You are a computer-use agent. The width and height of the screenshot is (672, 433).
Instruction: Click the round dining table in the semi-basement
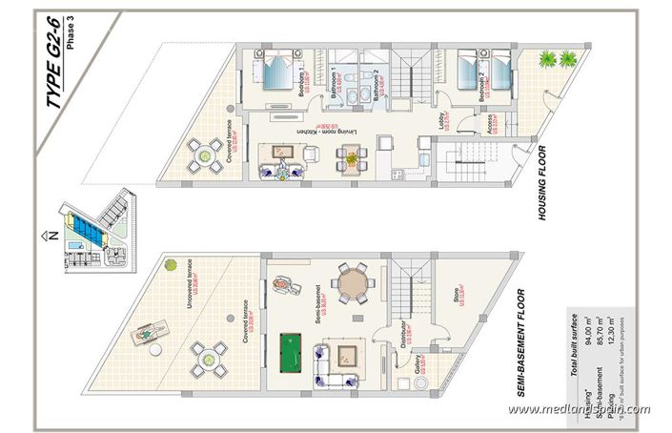[x=352, y=284]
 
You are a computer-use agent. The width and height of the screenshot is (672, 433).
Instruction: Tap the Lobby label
[x=443, y=121]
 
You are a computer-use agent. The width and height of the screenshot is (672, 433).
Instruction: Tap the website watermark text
[x=579, y=410]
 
